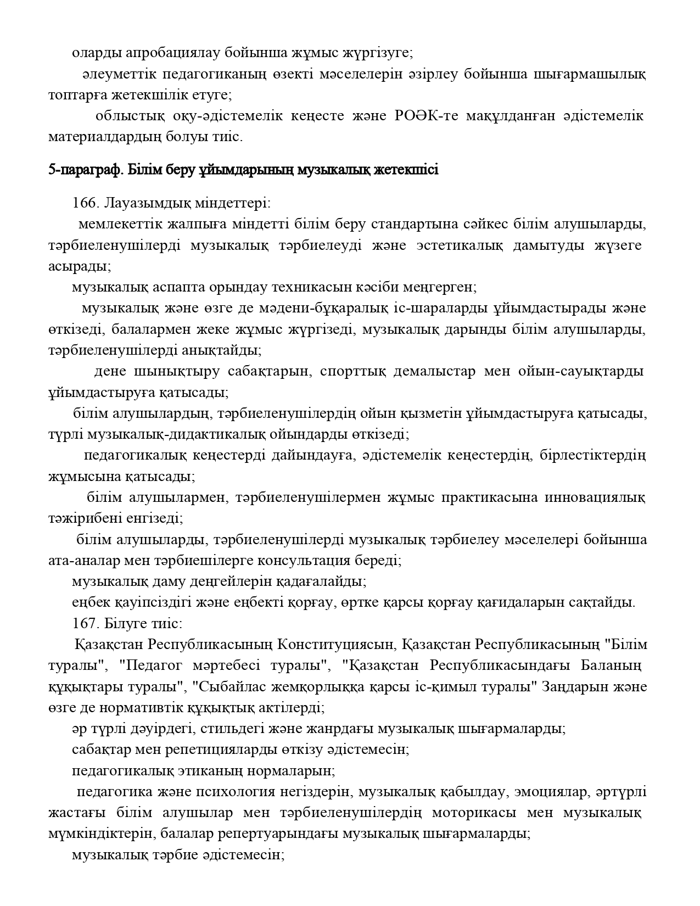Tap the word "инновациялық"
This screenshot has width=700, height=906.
[x=595, y=497]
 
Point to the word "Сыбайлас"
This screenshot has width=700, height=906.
[x=228, y=687]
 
